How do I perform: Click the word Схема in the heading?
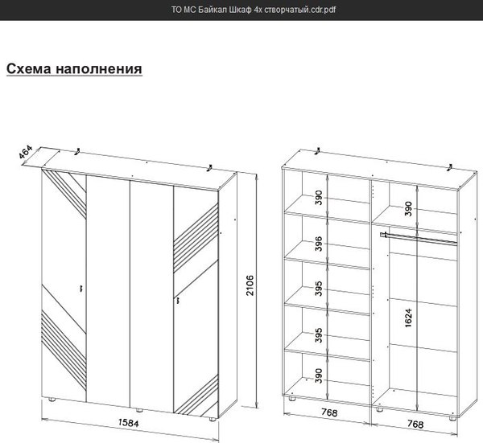pos(29,68)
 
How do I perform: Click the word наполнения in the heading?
pos(99,68)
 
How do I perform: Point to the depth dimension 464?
pos(25,152)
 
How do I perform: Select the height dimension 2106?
pos(250,285)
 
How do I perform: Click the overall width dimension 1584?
pos(129,423)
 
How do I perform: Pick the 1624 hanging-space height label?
pos(408,318)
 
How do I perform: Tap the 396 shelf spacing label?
pos(319,244)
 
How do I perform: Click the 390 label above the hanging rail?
pos(408,208)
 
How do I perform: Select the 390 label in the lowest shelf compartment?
pos(319,375)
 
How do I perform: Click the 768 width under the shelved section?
pos(329,412)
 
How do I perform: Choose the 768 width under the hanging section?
pos(415,424)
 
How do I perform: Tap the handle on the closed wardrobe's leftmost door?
pos(81,289)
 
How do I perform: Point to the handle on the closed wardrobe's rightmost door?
pos(178,300)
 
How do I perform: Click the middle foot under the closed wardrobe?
pos(139,410)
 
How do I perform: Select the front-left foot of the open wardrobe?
pos(291,399)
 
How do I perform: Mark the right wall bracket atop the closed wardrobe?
pos(210,168)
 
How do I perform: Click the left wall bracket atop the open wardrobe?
pos(318,151)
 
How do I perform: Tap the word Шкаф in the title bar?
pos(240,10)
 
